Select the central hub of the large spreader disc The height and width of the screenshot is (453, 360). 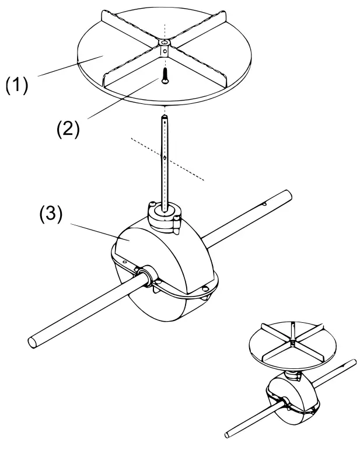click(x=165, y=46)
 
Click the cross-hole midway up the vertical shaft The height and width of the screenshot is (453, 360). click(x=166, y=156)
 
